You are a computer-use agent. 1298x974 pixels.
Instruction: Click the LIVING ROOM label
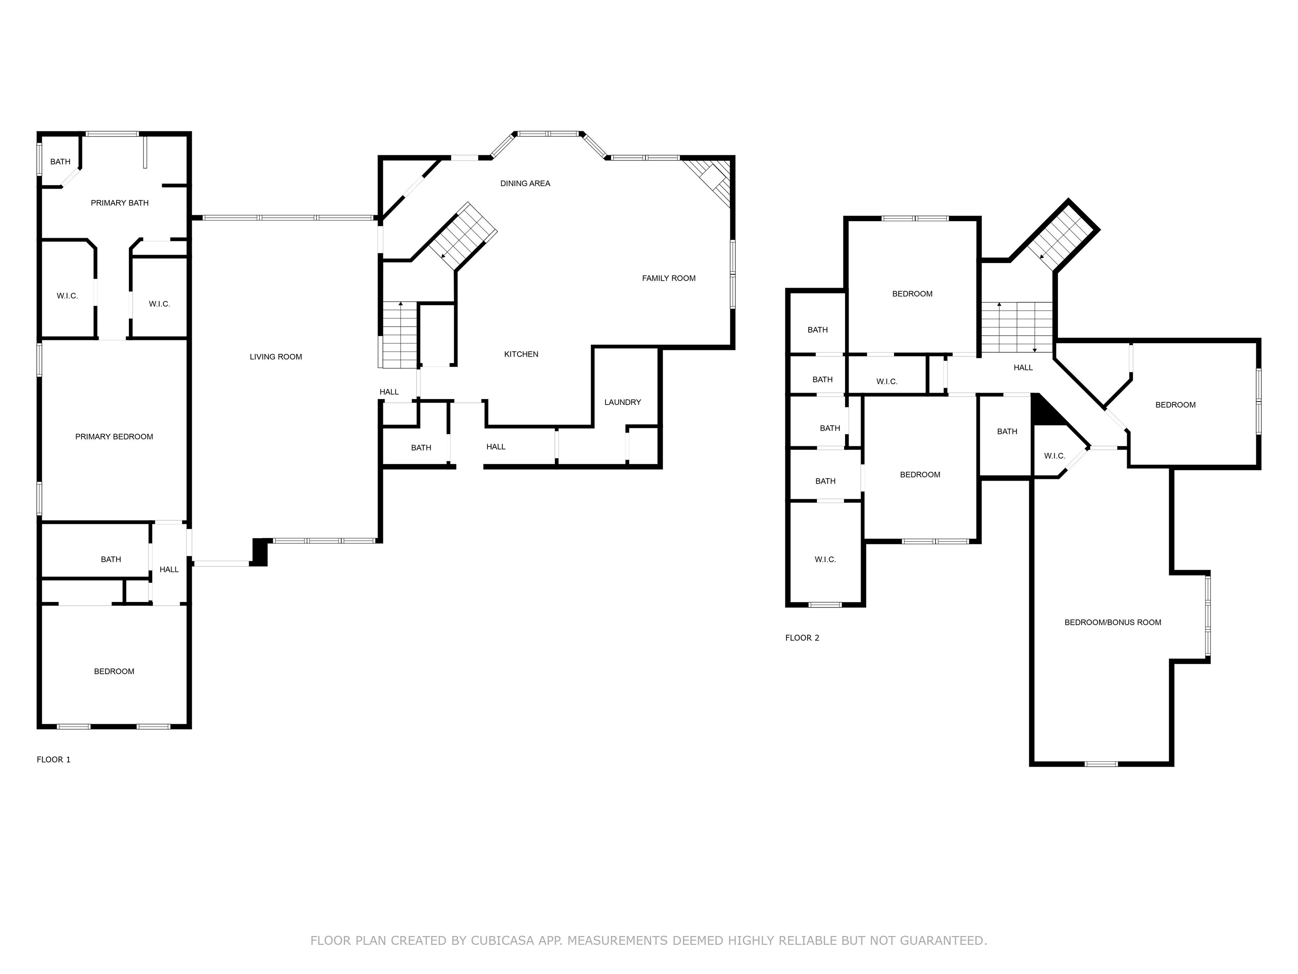(x=276, y=357)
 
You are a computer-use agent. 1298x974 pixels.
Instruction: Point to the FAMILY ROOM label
(x=668, y=278)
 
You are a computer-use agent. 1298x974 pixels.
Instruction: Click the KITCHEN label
(x=521, y=354)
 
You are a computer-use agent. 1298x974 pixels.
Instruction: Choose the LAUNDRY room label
(x=623, y=402)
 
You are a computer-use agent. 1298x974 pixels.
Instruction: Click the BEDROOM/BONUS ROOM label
(x=1113, y=622)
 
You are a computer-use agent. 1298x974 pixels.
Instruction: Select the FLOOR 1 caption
(x=53, y=760)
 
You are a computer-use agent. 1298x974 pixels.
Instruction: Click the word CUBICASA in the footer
(x=502, y=941)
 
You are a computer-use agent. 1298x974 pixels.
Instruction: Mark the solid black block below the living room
(x=259, y=552)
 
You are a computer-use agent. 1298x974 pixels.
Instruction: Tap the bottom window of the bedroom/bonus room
(x=1101, y=764)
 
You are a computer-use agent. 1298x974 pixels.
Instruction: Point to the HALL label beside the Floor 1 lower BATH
(x=169, y=569)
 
